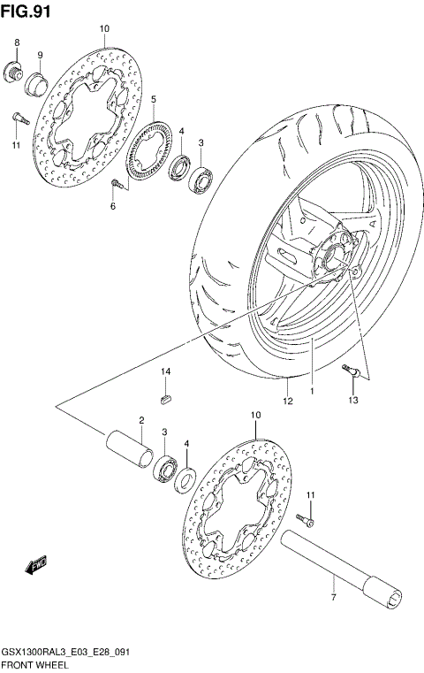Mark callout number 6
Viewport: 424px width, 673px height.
(112, 206)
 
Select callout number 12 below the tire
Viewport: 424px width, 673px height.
(286, 402)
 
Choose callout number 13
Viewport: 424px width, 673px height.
(353, 402)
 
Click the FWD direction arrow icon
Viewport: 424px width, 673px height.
(37, 563)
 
